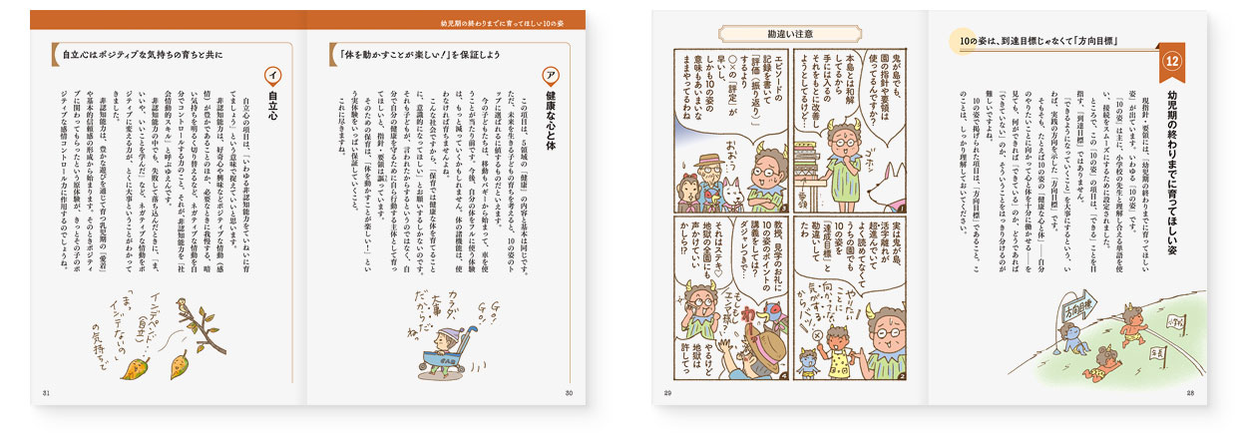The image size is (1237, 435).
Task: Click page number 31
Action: (x=46, y=392)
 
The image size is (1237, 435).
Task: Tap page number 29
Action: (x=668, y=392)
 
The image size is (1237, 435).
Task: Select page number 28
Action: (x=1190, y=392)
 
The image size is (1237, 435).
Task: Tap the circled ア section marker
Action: (x=548, y=77)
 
